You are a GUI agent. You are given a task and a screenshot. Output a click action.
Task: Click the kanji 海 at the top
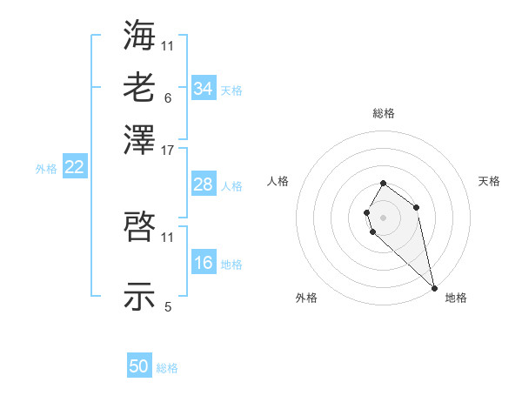[x=140, y=34]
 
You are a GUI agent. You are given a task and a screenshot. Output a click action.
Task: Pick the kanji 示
[x=140, y=296]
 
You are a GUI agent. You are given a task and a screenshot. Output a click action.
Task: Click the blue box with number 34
[x=203, y=88]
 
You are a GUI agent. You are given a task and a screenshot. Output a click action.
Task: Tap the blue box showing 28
[x=203, y=184]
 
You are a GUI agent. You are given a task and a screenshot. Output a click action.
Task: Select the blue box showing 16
[x=203, y=263]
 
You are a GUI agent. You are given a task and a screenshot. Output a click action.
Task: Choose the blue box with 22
[x=74, y=167]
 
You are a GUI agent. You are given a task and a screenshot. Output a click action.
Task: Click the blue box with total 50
[x=139, y=366]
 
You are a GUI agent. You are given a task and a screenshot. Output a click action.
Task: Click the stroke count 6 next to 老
[x=167, y=97]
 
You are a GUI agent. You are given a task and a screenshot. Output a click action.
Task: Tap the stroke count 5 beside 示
[x=167, y=306]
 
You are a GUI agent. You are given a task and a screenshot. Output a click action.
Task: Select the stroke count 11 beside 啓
[x=168, y=237]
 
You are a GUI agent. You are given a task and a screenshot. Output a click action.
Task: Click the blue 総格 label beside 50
[x=167, y=368]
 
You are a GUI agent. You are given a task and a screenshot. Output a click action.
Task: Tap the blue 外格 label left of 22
[x=45, y=169]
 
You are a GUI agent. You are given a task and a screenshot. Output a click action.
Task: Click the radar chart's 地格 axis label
[x=456, y=298]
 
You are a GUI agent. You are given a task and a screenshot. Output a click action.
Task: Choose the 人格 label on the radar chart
[x=278, y=181]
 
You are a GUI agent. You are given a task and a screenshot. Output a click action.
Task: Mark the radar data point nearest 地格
[x=433, y=288]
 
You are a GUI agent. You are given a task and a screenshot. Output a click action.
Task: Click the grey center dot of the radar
[x=383, y=217]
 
